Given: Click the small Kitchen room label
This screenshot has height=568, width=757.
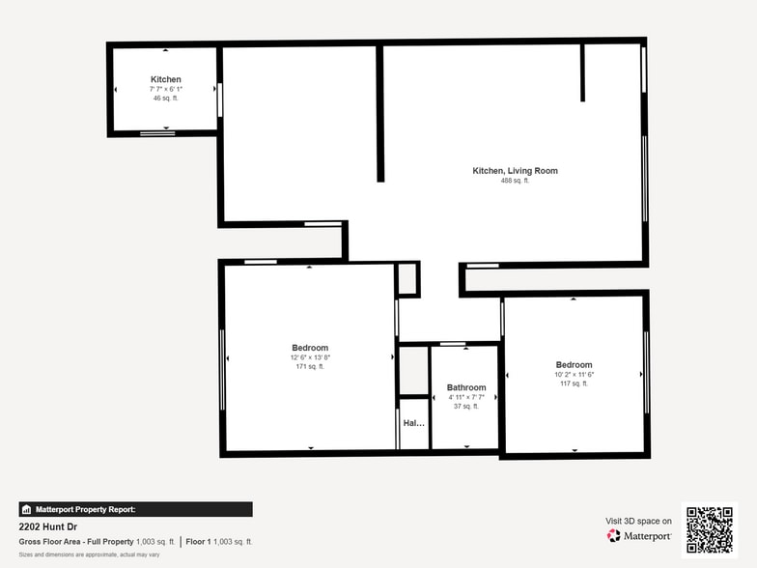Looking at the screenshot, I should pos(165,79).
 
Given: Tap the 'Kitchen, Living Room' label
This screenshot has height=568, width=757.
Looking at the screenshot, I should pos(515,171).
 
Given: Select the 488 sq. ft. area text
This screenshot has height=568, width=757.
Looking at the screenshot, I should pos(515,181).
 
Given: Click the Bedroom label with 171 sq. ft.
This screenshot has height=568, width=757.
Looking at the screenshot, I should pos(310,348).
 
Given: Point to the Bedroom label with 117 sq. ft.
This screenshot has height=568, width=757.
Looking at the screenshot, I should pos(574,365).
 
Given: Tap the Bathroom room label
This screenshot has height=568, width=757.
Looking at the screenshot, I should pos(466,387).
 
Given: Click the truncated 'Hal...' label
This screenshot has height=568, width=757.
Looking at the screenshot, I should pos(413,423).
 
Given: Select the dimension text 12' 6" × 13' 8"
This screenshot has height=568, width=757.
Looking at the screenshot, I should pos(310,357).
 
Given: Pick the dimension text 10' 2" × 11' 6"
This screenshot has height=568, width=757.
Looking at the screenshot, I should pos(574,375).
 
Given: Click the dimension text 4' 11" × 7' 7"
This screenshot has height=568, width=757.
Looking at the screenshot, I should pos(466,397).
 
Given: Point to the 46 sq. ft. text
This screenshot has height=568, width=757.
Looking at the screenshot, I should pos(165,98).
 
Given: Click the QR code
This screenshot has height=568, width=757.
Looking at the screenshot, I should pos(709,528).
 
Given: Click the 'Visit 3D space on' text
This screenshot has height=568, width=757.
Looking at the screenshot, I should pos(638,521).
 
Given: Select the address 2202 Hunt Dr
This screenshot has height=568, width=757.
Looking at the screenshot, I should pos(50,527).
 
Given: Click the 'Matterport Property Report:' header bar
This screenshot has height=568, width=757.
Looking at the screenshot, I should pos(135,509).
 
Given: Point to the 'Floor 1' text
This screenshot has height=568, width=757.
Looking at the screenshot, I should pos(200,542).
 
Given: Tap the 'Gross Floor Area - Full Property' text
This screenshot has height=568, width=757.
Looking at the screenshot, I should pos(76,542).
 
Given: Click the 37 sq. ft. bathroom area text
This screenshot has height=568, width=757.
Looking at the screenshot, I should pos(466,407).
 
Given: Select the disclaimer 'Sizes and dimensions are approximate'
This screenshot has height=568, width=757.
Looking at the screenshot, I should pos(89,554).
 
